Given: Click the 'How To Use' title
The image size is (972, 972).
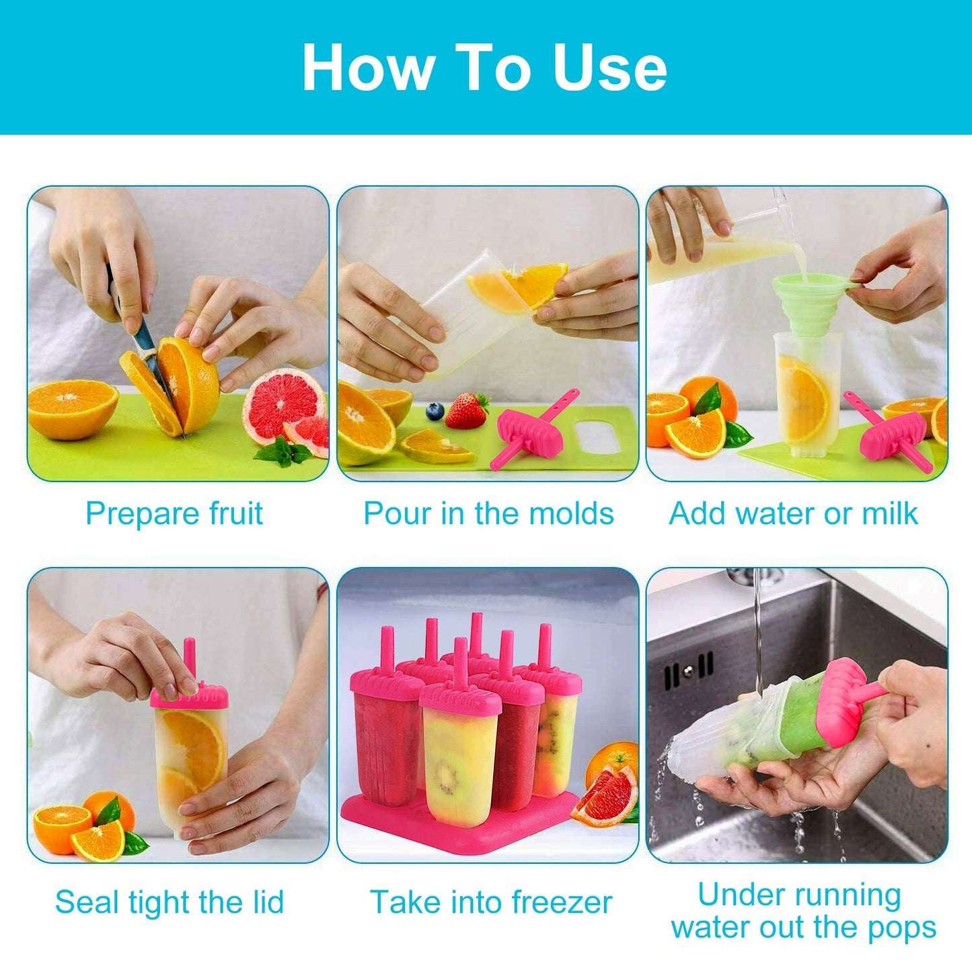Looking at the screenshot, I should [x=484, y=67].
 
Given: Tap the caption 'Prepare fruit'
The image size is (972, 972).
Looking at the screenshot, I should [x=174, y=514].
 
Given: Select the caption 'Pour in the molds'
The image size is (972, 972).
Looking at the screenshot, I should [x=488, y=514].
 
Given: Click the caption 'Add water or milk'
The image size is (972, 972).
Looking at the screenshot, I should [x=793, y=514].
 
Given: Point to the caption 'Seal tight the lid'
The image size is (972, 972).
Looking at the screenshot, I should [x=170, y=902].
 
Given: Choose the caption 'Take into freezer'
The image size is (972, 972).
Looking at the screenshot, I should [x=491, y=902].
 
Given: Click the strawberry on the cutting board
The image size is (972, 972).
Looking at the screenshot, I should [x=466, y=411].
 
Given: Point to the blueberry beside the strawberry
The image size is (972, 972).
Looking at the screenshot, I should [x=435, y=411].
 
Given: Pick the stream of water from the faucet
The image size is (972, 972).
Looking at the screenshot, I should [x=758, y=632].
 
